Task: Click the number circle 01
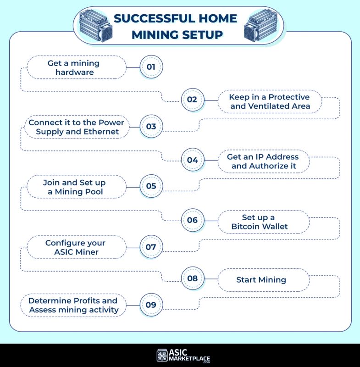(151, 67)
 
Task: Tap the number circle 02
(192, 100)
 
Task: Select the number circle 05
(151, 186)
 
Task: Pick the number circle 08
(192, 278)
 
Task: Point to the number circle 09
(151, 305)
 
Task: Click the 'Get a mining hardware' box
(76, 67)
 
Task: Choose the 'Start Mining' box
(261, 279)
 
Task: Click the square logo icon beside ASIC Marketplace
(162, 356)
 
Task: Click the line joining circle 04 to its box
(210, 160)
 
